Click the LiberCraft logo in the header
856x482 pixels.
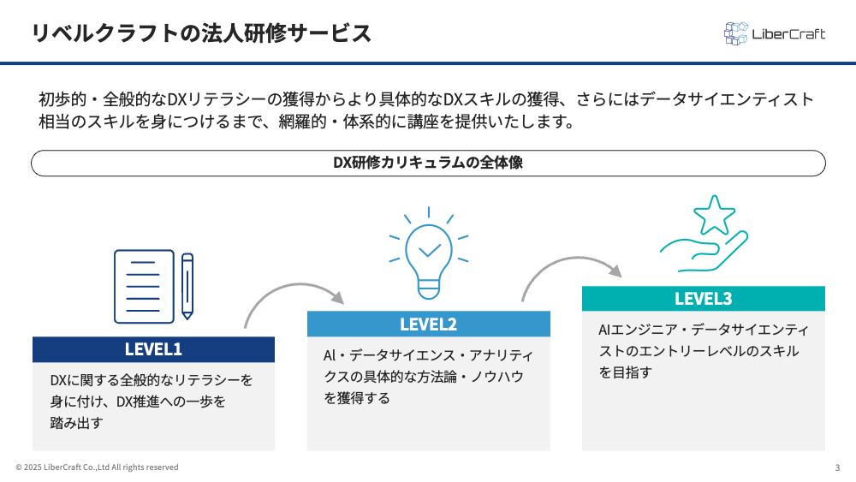[x=774, y=34]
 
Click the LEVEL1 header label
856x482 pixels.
[x=153, y=349]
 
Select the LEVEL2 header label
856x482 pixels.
[x=429, y=324]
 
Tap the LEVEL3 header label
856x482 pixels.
[x=703, y=299]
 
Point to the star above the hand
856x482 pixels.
[x=714, y=215]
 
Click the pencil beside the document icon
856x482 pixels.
[x=187, y=286]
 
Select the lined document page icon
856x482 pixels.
[x=144, y=287]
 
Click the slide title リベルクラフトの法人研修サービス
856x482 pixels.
[x=201, y=33]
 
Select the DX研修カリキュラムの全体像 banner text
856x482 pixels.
[x=428, y=163]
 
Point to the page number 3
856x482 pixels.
[x=837, y=467]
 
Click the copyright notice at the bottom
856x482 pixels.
[x=98, y=467]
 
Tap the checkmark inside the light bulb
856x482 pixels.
[x=430, y=250]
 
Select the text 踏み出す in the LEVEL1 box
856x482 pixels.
[x=76, y=423]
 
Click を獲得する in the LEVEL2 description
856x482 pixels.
[x=357, y=398]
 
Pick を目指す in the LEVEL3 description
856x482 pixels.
[x=626, y=372]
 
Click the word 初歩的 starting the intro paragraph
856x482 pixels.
[x=62, y=99]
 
